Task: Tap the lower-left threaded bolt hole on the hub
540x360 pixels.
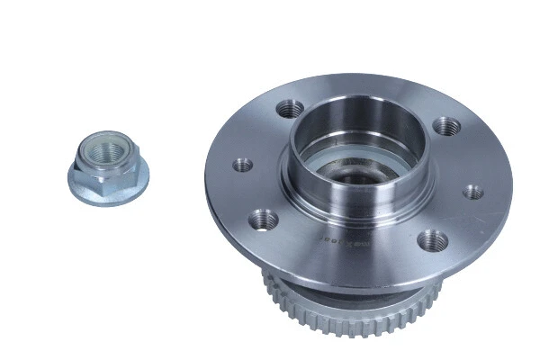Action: pos(264,218)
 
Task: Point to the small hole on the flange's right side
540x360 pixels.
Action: pos(472,192)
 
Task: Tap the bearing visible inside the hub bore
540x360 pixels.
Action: pos(355,171)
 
